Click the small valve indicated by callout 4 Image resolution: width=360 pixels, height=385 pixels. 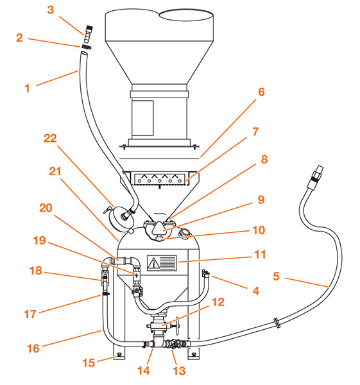coord(207,275)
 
